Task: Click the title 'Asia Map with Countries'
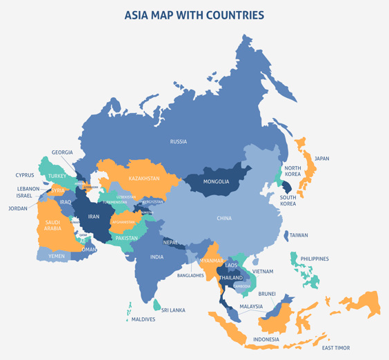(194, 14)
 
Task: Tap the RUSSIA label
(178, 142)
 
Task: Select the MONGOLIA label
(216, 182)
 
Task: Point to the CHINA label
(224, 219)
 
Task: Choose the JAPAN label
(321, 159)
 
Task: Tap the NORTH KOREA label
(292, 172)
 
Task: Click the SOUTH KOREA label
(288, 201)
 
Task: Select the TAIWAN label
(299, 235)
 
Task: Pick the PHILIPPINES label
(315, 259)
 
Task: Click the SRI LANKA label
(173, 310)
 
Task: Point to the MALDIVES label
(143, 319)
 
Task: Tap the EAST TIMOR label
(336, 348)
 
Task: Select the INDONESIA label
(266, 339)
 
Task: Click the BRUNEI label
(267, 294)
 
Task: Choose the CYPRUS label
(25, 175)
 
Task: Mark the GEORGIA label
(62, 152)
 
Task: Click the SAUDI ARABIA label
(52, 226)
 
